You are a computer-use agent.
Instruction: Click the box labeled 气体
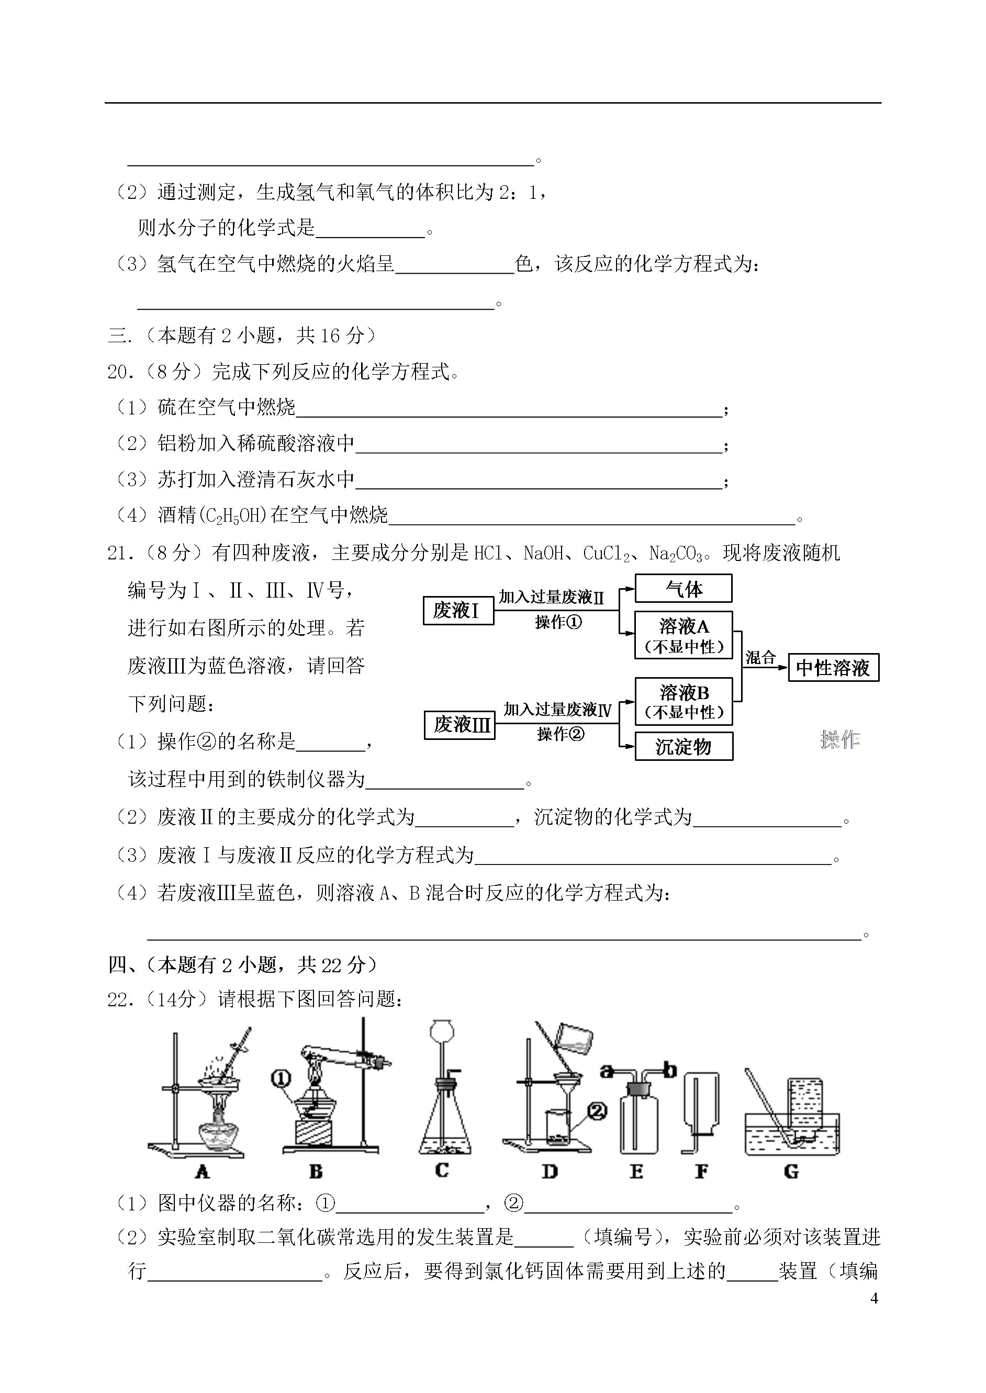(683, 588)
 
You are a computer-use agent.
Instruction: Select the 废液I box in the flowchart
(458, 610)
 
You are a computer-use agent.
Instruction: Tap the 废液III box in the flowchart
(460, 725)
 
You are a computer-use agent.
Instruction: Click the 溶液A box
(684, 635)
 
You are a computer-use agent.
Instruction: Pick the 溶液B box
(684, 701)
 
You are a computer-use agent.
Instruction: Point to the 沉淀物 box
(684, 747)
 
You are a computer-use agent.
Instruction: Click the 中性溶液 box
(834, 668)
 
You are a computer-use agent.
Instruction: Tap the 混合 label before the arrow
(761, 657)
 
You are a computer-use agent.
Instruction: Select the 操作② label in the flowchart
(561, 734)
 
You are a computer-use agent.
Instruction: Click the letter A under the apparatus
(202, 1172)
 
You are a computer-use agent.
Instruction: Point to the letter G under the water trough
(791, 1172)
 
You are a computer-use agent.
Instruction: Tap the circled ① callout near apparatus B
(281, 1078)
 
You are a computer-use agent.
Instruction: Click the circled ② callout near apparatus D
(598, 1111)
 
